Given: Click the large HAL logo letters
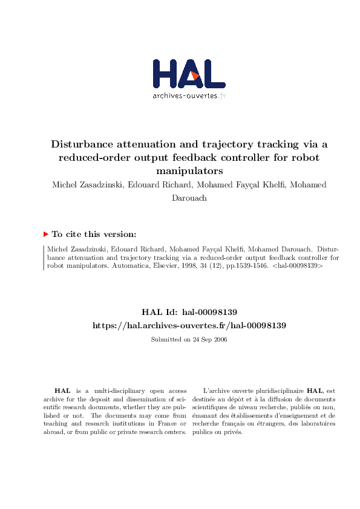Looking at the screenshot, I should [x=189, y=74].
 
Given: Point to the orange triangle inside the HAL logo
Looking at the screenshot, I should [x=195, y=76].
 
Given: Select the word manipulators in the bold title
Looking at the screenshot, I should [x=189, y=170].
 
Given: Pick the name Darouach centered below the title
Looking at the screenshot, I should [x=189, y=197].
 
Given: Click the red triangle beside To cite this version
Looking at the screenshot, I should [x=46, y=234].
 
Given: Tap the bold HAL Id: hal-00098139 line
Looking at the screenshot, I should [x=189, y=312].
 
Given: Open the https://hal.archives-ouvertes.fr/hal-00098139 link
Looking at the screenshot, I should [x=189, y=325].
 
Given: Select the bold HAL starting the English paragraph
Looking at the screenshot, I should [x=62, y=391].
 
